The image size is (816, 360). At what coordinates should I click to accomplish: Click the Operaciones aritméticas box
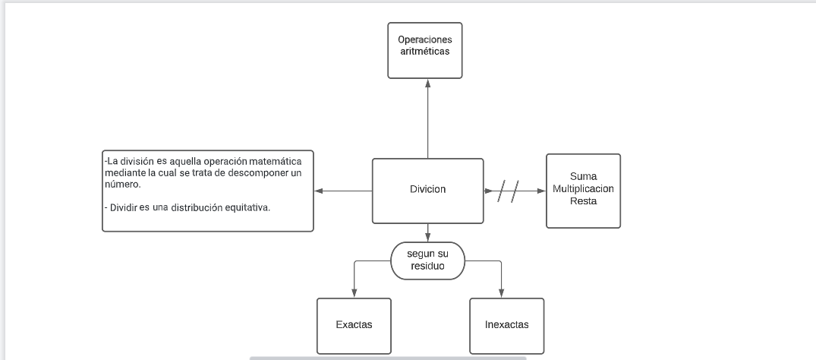click(x=424, y=51)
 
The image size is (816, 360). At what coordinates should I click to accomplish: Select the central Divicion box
click(x=427, y=190)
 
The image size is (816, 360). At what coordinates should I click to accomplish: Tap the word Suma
click(x=583, y=176)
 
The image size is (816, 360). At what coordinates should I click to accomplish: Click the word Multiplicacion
click(x=583, y=188)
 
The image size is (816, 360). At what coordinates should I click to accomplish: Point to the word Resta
click(x=583, y=201)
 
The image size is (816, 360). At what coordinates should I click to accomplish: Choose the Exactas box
click(x=354, y=325)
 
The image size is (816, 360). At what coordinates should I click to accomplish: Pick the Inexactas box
click(x=506, y=325)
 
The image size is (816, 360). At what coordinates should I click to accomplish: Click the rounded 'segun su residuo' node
click(x=427, y=261)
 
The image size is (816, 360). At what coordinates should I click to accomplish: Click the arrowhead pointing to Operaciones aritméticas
click(x=427, y=84)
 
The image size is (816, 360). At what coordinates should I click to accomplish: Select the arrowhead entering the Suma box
click(x=541, y=191)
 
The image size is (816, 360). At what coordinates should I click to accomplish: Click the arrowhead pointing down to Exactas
click(x=354, y=293)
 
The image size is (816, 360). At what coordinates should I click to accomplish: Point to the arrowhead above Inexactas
click(x=502, y=293)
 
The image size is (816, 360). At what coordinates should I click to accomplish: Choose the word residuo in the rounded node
click(x=427, y=267)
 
